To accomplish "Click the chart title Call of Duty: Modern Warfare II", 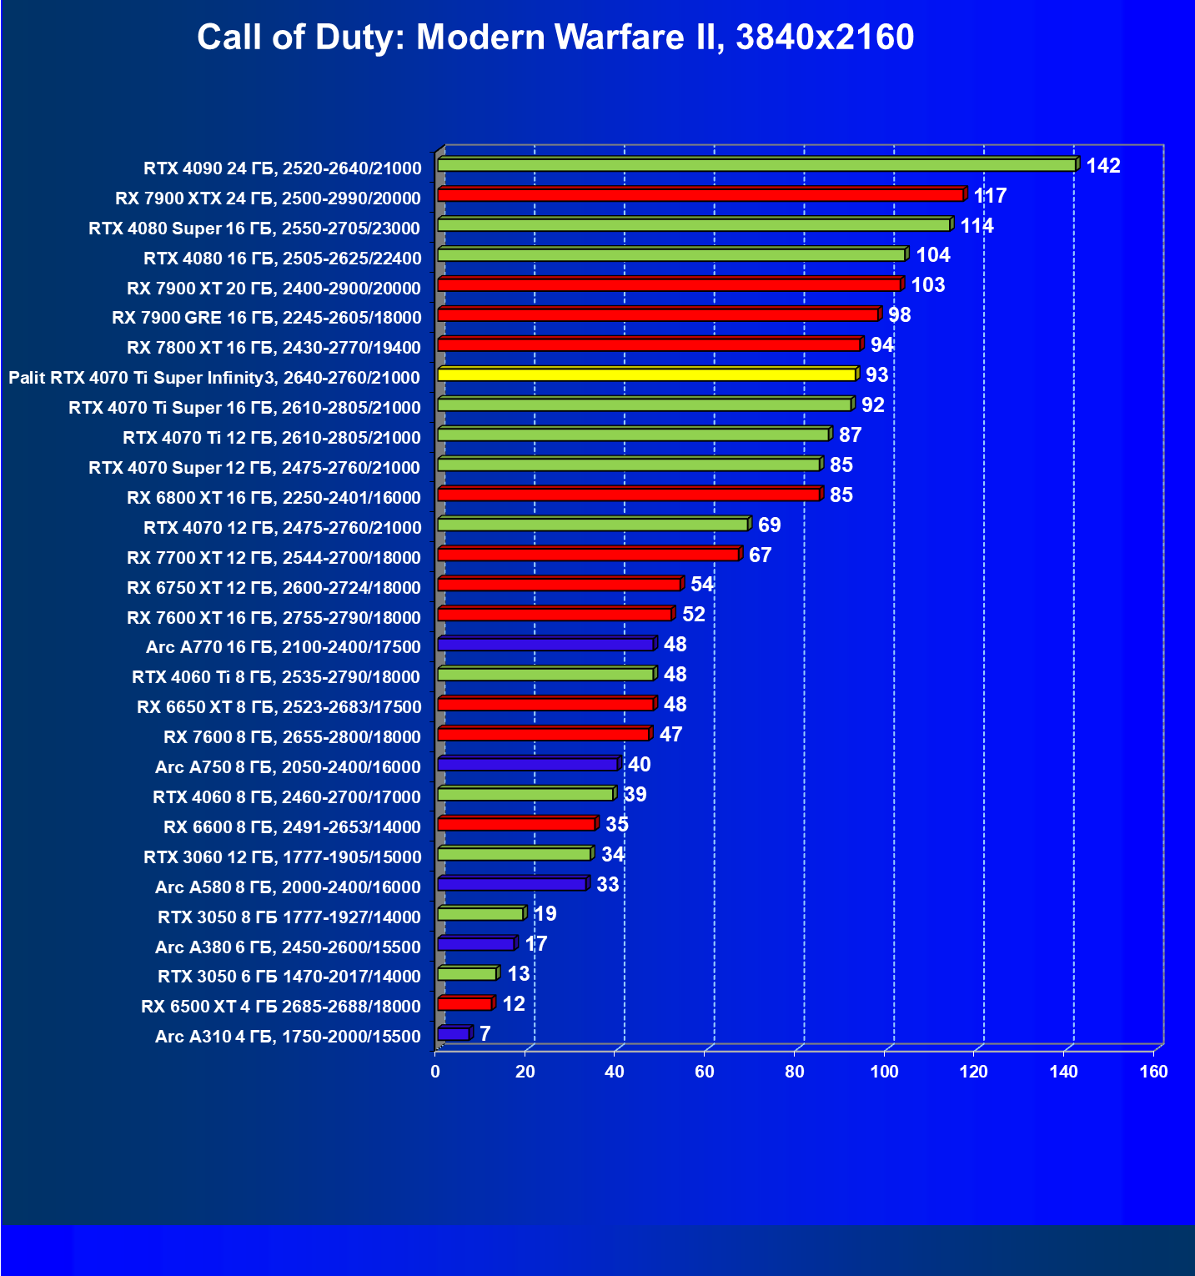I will (x=555, y=38).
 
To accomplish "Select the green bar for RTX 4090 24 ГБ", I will (x=756, y=165).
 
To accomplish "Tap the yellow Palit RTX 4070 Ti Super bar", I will (x=646, y=374).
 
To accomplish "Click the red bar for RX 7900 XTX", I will (x=700, y=195).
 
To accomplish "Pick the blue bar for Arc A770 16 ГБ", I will (x=545, y=645).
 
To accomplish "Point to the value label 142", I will (x=1102, y=166).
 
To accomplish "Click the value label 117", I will (x=990, y=196).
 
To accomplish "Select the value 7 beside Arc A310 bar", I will (x=485, y=1034).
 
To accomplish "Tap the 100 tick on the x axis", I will (x=884, y=1072).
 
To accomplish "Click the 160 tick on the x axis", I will (x=1153, y=1072).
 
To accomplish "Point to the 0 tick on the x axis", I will (x=435, y=1072).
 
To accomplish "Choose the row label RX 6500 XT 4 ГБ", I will (x=281, y=1007).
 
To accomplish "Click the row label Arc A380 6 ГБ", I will (x=288, y=947).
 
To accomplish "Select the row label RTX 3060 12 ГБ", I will (x=282, y=857).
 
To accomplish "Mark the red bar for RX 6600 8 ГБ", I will (x=516, y=824).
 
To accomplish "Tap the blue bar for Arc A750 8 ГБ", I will (x=527, y=764).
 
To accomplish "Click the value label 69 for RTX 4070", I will (x=769, y=525).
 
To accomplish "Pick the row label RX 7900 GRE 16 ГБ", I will (x=267, y=318).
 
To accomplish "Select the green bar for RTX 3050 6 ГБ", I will (x=466, y=974).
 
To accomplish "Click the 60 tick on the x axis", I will (x=705, y=1072).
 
